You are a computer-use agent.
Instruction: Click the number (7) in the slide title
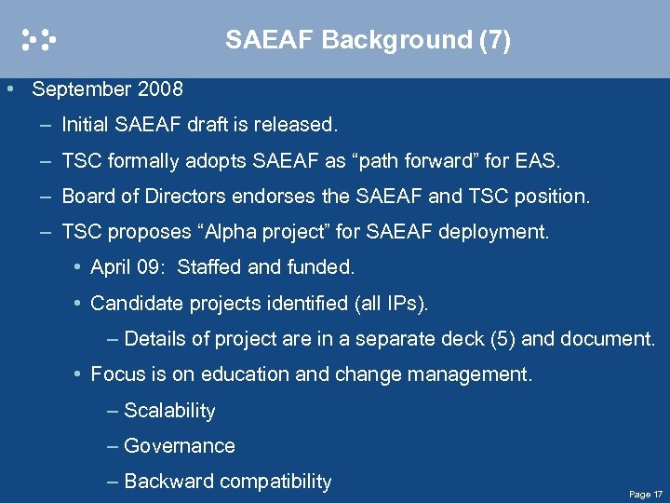click(x=495, y=40)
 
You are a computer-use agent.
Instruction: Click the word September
click(x=82, y=89)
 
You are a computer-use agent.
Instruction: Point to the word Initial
click(x=87, y=125)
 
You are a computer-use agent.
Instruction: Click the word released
click(x=301, y=125)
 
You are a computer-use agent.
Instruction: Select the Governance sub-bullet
click(x=179, y=446)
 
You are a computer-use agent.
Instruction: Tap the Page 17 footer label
click(x=646, y=494)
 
